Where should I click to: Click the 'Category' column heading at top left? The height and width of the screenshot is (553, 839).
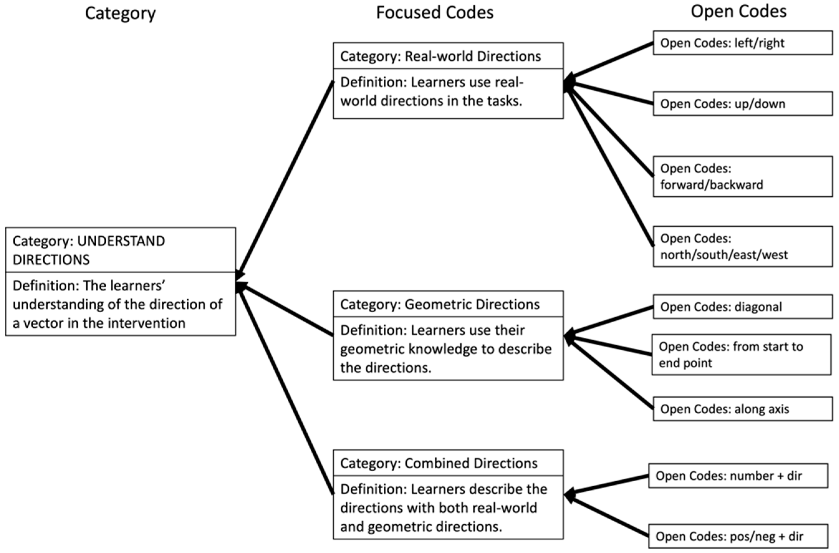coord(120,13)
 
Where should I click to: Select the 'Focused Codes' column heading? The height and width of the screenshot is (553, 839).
coord(435,13)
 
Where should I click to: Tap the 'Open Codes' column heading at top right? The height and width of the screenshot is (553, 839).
coord(738,12)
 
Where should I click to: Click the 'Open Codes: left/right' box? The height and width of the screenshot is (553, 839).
coord(742,43)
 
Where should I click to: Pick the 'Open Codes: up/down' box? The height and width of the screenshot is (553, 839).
coord(742,104)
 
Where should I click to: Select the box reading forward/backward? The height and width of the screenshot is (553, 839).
coord(742,177)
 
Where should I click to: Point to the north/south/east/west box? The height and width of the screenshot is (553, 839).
coord(742,247)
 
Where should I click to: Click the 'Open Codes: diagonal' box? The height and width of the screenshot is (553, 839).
coord(742,307)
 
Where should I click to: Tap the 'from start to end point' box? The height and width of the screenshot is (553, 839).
coord(741,354)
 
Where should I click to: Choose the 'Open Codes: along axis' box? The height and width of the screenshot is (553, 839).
coord(742,409)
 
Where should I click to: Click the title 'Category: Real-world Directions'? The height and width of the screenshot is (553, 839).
coord(440,56)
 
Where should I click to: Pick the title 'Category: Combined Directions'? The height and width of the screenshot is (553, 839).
coord(439,463)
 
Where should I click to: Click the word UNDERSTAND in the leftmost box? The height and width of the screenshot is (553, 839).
coord(121,241)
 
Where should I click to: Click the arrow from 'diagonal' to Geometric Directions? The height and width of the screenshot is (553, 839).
coord(610,320)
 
